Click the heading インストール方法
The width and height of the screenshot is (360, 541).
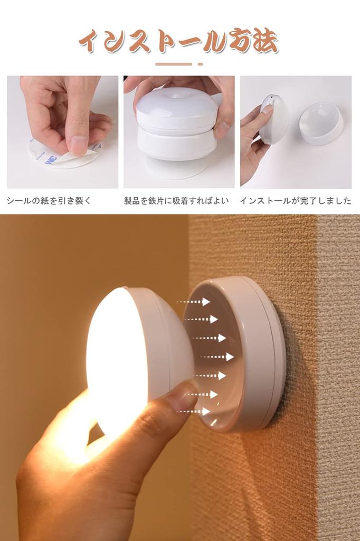[x=178, y=41]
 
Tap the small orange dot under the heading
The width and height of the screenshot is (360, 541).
[x=200, y=64]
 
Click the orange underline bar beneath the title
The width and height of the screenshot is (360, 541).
[x=174, y=64]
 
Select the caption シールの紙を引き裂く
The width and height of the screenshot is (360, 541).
[x=49, y=201]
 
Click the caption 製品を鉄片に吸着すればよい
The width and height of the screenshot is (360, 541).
[x=176, y=201]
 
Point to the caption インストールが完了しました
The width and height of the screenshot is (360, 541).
[x=295, y=201]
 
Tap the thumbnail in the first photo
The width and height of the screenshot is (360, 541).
[x=79, y=144]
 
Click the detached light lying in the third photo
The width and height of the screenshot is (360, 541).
[x=320, y=124]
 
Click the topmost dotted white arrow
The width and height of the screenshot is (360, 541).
[x=194, y=302]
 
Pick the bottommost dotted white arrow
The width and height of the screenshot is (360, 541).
[x=194, y=411]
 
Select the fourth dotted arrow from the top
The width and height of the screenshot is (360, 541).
[x=217, y=357]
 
